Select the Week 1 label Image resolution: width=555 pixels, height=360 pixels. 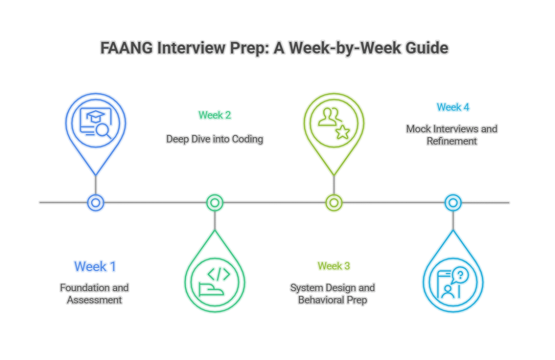tap(95, 266)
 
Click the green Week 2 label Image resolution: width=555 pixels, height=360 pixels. tap(215, 115)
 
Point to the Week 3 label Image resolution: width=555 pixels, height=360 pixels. tap(333, 266)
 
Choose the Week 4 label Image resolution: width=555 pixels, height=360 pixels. tap(453, 107)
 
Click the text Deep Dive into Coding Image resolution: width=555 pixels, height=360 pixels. tap(215, 139)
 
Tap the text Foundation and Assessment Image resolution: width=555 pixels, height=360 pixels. tap(95, 293)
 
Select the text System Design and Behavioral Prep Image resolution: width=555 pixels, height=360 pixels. tap(333, 293)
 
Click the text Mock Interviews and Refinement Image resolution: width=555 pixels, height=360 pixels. tap(451, 135)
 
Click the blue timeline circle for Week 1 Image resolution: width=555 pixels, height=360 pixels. tap(95, 203)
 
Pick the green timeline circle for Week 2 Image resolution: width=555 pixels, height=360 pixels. tap(215, 203)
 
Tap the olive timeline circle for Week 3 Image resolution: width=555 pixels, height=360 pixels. tap(333, 203)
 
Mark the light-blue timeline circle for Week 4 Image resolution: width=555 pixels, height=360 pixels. tap(453, 203)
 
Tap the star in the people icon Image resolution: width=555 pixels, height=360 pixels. tap(341, 132)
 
